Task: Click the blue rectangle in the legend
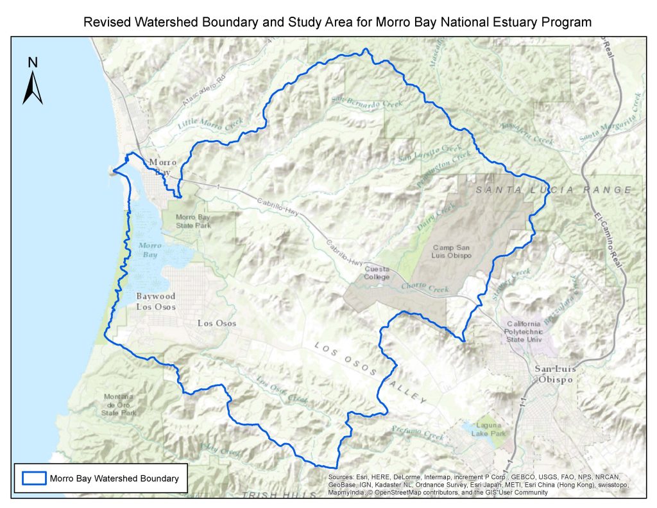[34, 478]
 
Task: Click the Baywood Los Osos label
[155, 301]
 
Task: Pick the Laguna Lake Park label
[491, 429]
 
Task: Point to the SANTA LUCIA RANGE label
[554, 190]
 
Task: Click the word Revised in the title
[105, 22]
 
